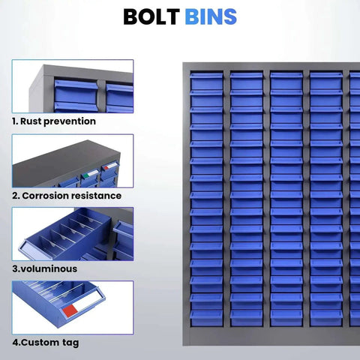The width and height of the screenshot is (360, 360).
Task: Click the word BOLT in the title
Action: click(x=151, y=16)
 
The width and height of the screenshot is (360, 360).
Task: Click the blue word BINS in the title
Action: click(x=211, y=16)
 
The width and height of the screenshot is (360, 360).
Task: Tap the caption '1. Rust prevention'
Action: click(x=54, y=121)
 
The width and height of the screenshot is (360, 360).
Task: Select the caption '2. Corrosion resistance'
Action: click(x=67, y=196)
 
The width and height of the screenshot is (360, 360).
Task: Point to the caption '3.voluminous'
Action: click(x=45, y=268)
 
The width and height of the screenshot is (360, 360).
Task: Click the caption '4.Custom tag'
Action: click(x=46, y=343)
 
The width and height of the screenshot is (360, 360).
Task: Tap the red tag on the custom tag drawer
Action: click(x=70, y=310)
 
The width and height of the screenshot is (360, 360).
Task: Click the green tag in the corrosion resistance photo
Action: click(x=85, y=175)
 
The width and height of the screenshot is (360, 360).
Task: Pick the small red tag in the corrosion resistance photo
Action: click(x=106, y=168)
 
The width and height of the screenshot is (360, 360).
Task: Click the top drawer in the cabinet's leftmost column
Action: click(x=206, y=82)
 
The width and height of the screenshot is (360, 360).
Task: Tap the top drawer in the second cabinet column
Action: click(x=247, y=82)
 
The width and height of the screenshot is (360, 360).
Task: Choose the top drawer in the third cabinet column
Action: click(x=286, y=82)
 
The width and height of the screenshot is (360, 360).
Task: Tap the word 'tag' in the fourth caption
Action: click(x=70, y=343)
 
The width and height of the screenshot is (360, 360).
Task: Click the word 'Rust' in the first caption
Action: click(x=31, y=121)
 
